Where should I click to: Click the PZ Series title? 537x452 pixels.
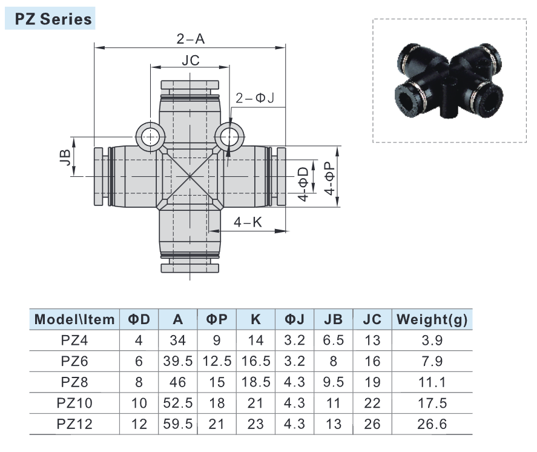click(x=50, y=19)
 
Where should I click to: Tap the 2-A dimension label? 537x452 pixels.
click(x=190, y=39)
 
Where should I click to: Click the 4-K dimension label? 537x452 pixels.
click(x=248, y=222)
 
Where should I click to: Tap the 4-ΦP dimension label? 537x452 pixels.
click(x=330, y=177)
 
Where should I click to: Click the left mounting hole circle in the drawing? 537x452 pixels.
click(x=149, y=136)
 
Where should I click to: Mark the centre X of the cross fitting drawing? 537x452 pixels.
click(x=190, y=176)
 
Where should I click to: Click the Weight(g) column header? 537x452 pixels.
click(x=432, y=319)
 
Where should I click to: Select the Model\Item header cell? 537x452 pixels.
click(x=74, y=319)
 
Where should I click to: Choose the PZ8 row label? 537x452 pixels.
click(x=74, y=382)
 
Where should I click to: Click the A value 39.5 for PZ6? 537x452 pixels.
click(x=178, y=361)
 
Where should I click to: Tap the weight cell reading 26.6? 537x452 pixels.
click(x=432, y=424)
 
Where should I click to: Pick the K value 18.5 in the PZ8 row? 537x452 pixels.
click(x=255, y=382)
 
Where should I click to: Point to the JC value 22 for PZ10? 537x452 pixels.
click(x=372, y=403)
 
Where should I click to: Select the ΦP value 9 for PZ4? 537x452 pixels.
click(x=217, y=341)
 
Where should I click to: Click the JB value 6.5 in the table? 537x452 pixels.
click(x=333, y=341)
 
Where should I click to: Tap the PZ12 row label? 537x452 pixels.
click(x=74, y=424)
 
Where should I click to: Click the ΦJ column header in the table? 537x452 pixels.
click(x=294, y=319)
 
